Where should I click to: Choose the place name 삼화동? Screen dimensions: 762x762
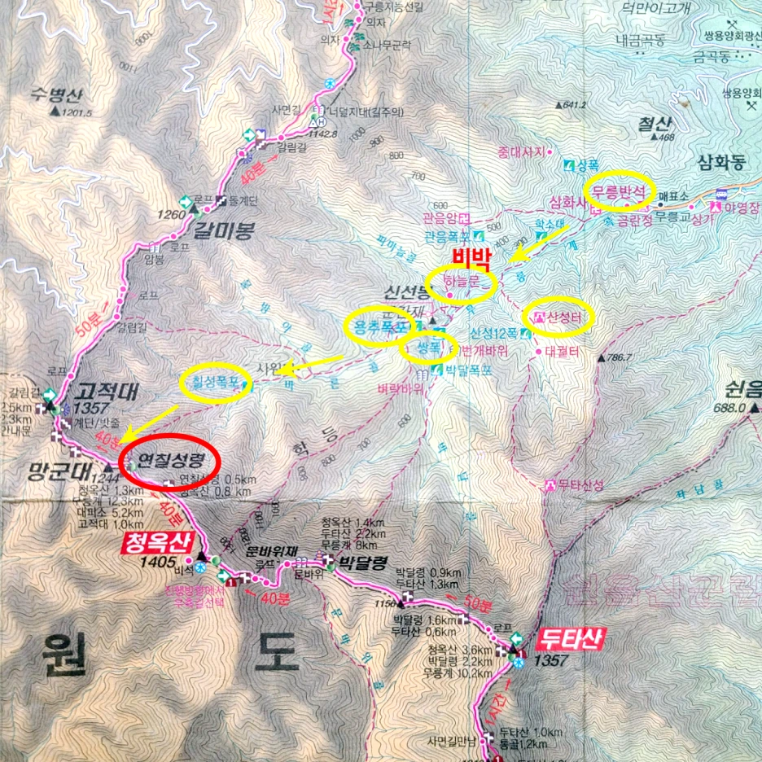tap(721, 162)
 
